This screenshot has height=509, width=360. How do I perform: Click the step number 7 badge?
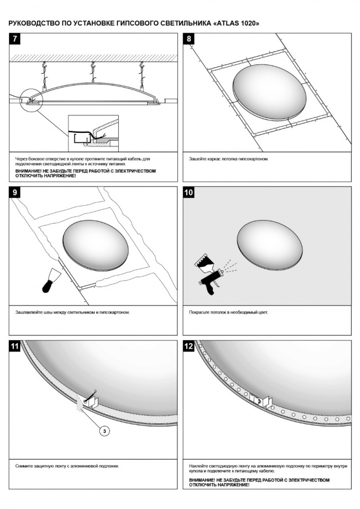pyautogui.click(x=15, y=39)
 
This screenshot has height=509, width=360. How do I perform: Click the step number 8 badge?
pyautogui.click(x=188, y=39)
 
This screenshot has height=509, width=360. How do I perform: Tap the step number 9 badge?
pyautogui.click(x=15, y=192)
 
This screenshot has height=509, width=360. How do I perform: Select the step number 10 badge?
pyautogui.click(x=188, y=192)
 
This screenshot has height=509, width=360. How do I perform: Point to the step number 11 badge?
pyautogui.click(x=15, y=346)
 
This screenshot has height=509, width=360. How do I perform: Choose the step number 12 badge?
pyautogui.click(x=188, y=346)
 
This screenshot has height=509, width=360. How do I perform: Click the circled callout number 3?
pyautogui.click(x=104, y=431)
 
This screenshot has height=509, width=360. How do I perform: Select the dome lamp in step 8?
pyautogui.click(x=269, y=93)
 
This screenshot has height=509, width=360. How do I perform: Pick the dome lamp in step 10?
pyautogui.click(x=270, y=245)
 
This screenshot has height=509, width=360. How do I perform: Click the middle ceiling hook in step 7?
pyautogui.click(x=94, y=71)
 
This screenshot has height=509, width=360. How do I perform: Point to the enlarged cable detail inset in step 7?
pyautogui.click(x=93, y=133)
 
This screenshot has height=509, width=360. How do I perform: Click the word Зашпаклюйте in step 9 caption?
pyautogui.click(x=29, y=313)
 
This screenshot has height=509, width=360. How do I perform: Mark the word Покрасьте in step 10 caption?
pyautogui.click(x=199, y=313)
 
